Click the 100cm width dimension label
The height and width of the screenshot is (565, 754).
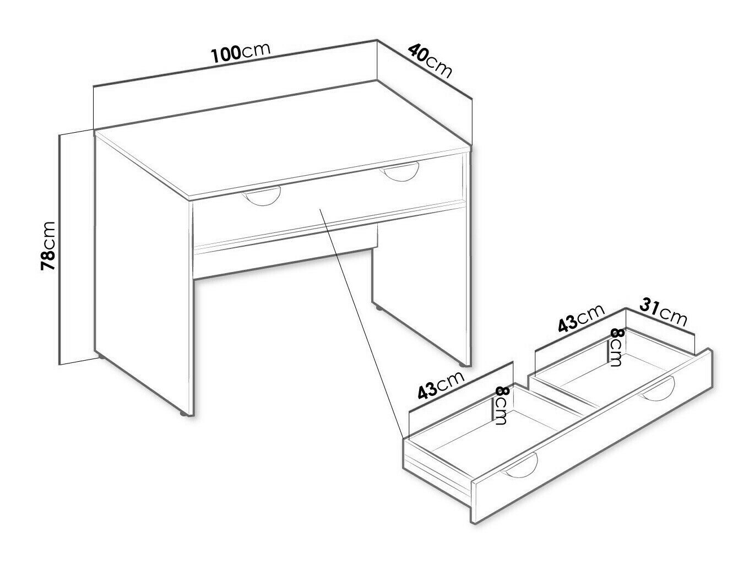click(x=241, y=54)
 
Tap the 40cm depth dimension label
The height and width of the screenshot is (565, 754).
click(x=430, y=62)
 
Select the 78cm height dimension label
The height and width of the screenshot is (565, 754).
click(x=48, y=246)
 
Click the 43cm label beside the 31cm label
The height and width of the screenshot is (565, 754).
click(x=581, y=318)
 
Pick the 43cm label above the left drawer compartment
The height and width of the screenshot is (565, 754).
click(x=441, y=385)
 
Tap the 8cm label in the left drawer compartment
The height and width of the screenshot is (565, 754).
click(x=502, y=405)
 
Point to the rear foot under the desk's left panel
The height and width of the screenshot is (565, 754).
click(x=101, y=356)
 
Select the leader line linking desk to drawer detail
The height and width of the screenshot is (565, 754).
click(x=361, y=323)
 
